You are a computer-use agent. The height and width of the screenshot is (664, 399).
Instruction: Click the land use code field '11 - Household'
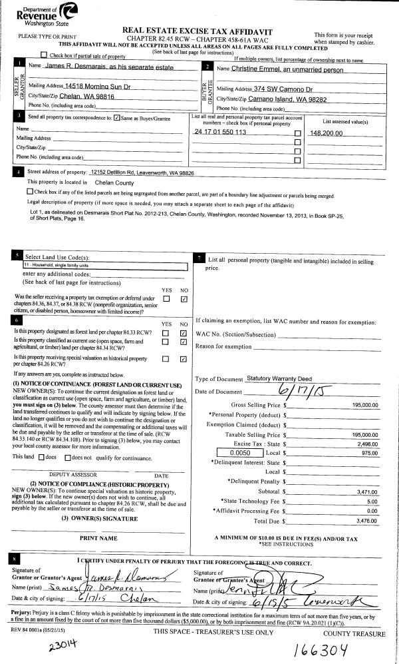tap(106, 265)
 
